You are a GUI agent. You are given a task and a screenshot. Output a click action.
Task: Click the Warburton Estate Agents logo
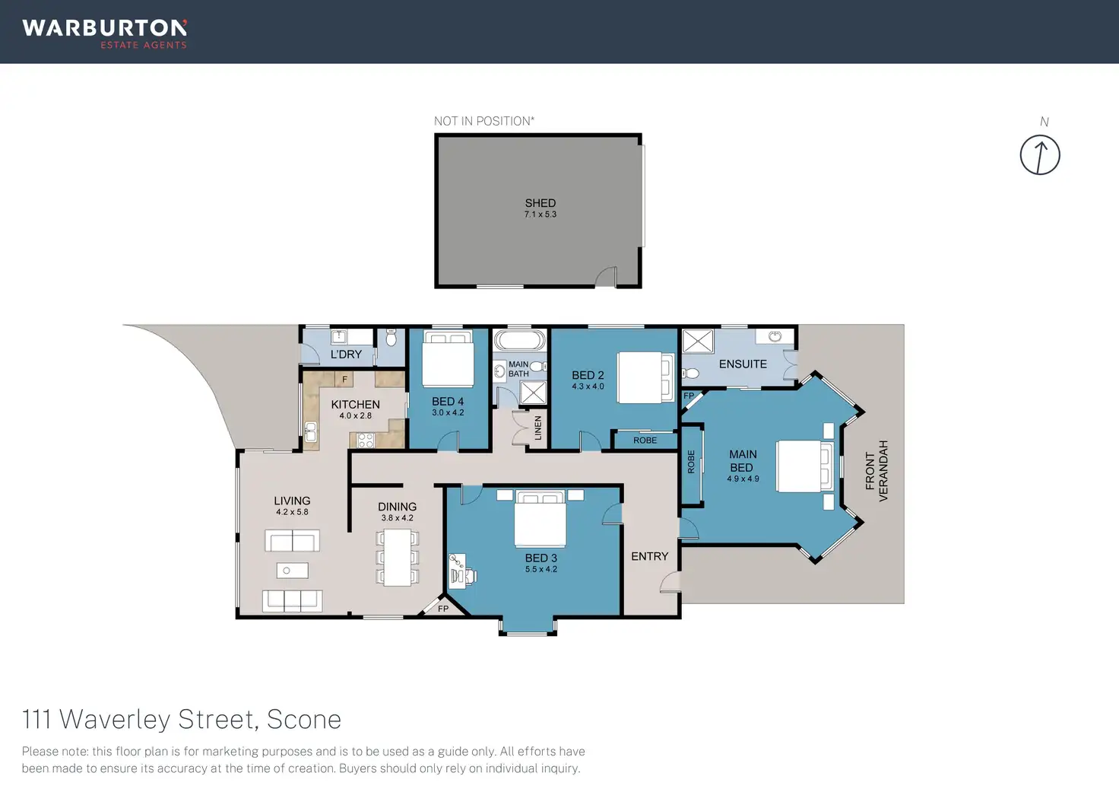point(104,34)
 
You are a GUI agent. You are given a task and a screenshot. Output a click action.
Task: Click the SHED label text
point(540,203)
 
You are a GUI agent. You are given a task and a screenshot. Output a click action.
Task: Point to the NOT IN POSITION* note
point(484,121)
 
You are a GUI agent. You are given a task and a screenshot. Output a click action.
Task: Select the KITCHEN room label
point(355,404)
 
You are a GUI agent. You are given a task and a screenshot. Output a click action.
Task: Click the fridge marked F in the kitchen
point(344,379)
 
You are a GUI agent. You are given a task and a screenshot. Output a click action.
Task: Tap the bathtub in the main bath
point(519,340)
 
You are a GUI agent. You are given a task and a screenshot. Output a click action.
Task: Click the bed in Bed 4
point(448,358)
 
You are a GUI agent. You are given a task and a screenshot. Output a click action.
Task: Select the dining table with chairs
point(397,557)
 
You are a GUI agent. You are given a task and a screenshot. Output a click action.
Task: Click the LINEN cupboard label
point(538,428)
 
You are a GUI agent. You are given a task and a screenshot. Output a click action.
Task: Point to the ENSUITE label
point(743,364)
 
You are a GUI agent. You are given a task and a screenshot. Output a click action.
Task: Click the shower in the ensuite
point(698,342)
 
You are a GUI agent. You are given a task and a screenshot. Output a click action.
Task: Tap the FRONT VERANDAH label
point(876,470)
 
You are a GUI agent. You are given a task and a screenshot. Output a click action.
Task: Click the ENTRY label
point(649,556)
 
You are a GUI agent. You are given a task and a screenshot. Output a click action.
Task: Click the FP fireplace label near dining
point(443,609)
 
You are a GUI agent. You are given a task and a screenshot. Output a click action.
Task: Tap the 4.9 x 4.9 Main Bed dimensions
point(743,479)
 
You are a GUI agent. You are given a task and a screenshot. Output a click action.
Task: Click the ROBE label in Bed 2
point(645,440)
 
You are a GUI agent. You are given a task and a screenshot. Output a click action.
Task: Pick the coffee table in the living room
point(292,571)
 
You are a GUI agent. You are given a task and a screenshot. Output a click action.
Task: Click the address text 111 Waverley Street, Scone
point(182,720)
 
